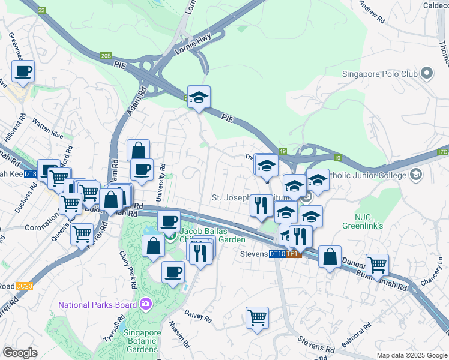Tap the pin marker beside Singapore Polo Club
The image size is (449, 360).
tap(427, 74)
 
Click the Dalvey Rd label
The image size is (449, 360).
tap(199, 317)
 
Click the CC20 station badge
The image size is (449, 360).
tap(25, 287)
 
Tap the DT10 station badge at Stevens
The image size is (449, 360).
tap(277, 254)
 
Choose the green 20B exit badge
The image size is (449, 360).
tap(106, 56)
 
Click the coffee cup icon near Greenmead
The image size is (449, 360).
tap(23, 71)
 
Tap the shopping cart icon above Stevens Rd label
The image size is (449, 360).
tap(257, 317)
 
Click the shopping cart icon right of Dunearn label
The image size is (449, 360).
tap(377, 265)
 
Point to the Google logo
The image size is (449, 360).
tap(20, 353)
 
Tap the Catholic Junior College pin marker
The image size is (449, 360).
tap(415, 175)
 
